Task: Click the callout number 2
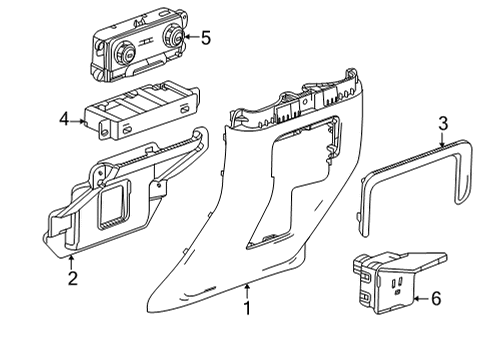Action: point(72,279)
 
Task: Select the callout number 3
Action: point(441,124)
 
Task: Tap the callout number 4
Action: point(65,119)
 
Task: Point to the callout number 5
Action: point(206,39)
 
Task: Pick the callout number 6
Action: point(434,298)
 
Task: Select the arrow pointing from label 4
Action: point(80,119)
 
